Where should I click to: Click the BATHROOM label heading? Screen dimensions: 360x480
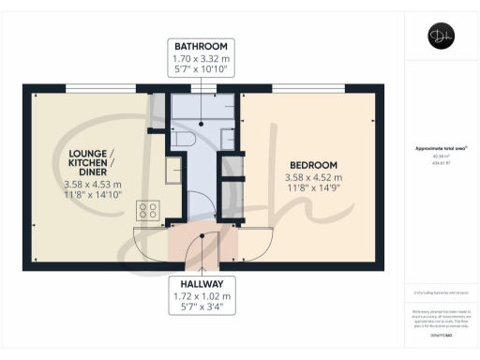pos(202,46)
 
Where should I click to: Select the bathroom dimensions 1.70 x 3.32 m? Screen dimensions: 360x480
pos(202,57)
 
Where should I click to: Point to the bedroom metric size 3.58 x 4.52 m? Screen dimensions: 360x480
pos(313,176)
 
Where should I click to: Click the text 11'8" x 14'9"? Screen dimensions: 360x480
pos(313,187)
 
